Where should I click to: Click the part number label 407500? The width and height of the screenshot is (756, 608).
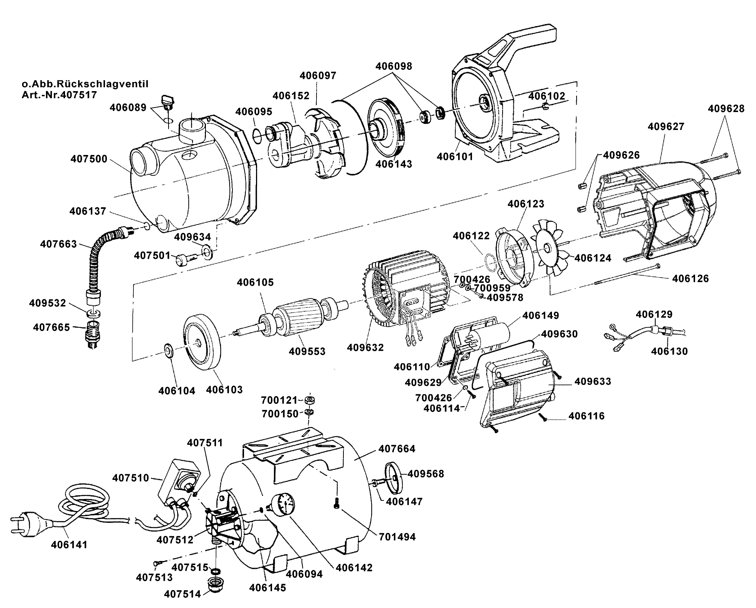pyautogui.click(x=89, y=159)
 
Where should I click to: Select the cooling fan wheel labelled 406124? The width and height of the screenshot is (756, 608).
pyautogui.click(x=549, y=248)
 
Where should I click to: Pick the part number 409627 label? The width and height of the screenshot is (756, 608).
pyautogui.click(x=666, y=127)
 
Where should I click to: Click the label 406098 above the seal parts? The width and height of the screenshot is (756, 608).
pyautogui.click(x=394, y=66)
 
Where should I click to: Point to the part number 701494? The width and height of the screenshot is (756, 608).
pyautogui.click(x=397, y=537)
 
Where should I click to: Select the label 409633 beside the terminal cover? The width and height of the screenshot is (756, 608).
pyautogui.click(x=593, y=381)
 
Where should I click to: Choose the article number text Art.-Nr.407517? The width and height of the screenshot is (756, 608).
pyautogui.click(x=59, y=94)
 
